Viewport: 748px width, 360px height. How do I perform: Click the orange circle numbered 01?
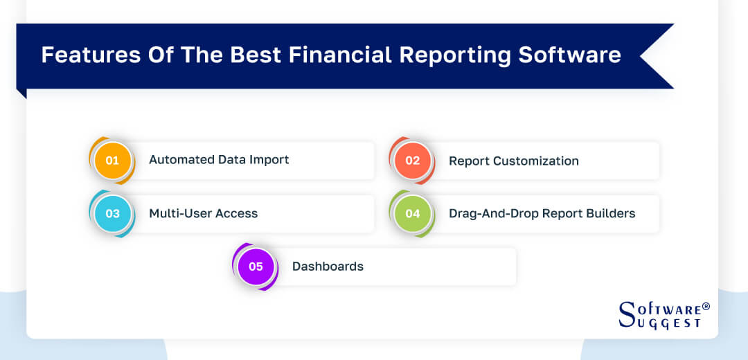[112, 161]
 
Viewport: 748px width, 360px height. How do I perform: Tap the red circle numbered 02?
[413, 161]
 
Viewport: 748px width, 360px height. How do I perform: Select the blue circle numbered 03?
[112, 213]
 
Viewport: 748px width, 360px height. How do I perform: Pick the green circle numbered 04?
[413, 213]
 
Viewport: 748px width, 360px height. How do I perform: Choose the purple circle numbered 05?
[256, 267]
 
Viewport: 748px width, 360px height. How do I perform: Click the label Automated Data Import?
[219, 160]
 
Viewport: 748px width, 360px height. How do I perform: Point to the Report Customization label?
[513, 161]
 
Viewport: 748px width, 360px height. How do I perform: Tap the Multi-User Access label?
[203, 213]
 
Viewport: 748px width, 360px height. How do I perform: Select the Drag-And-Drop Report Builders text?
[542, 213]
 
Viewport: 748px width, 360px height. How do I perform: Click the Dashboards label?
[328, 267]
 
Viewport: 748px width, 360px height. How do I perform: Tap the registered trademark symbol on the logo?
[706, 306]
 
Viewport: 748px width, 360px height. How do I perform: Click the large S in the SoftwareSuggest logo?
[626, 314]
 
